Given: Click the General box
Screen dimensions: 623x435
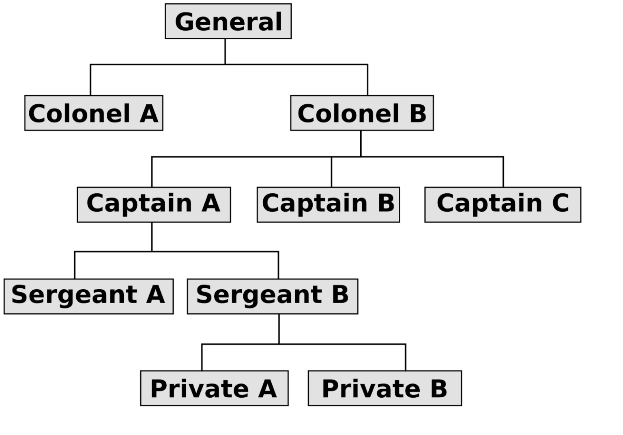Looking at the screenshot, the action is pos(228,21).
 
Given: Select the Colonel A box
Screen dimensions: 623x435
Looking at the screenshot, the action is pos(94,113).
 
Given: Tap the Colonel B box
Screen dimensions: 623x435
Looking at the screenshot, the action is pos(362,113).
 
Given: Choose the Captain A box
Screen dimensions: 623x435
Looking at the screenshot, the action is pos(154,205).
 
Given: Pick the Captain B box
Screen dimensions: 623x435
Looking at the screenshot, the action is pos(328,205).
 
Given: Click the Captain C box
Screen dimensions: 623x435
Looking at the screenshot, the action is pos(503,205).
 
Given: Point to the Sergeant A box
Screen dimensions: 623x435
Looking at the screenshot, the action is pos(89,296).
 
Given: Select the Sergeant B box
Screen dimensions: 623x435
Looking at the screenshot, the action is pos(273,296).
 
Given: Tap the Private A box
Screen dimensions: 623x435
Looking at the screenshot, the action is pos(214,388).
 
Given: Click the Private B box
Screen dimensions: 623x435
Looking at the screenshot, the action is pos(385,388).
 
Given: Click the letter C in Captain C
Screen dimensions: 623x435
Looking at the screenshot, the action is pos(560,203).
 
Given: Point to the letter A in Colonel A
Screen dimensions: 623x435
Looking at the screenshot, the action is pos(149,113).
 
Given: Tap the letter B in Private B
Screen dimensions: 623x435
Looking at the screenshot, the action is pos(438,388).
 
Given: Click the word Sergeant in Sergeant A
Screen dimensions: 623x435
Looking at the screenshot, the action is pos(74,296).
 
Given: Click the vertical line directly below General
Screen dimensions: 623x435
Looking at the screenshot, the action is pos(225,52).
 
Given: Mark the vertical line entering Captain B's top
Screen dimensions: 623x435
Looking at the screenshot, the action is pos(331,172).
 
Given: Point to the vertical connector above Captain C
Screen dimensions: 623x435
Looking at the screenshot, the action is pos(503,172).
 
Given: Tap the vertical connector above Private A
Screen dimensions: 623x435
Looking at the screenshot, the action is pos(202,358).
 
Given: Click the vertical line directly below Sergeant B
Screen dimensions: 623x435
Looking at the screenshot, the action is pos(279,329).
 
